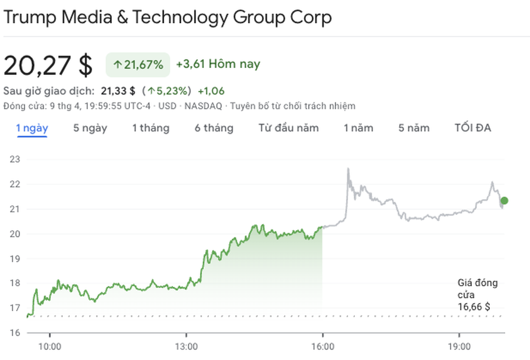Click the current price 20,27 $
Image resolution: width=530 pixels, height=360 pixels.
point(48,65)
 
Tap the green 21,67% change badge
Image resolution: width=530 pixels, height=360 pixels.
point(138,65)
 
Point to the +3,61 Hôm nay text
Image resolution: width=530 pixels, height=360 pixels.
point(218,64)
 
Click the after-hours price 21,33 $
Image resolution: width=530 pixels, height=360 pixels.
point(118,91)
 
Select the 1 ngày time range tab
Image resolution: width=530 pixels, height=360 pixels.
point(32,128)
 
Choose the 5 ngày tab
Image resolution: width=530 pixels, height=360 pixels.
point(90,128)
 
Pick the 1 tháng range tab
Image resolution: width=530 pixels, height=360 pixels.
point(151,128)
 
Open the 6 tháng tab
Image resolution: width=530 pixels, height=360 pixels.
point(214,128)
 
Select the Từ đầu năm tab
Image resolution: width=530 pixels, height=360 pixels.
point(288,128)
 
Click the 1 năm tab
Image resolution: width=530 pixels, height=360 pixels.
point(358,128)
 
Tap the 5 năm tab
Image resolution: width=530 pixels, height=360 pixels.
point(414,128)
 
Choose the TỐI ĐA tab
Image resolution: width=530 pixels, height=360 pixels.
point(472,128)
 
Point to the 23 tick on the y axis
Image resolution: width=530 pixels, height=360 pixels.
point(15,159)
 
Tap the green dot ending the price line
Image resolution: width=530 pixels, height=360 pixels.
point(504,201)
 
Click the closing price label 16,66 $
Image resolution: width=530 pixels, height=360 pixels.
point(473,307)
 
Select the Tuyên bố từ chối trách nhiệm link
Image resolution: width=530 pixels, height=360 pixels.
point(293,106)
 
